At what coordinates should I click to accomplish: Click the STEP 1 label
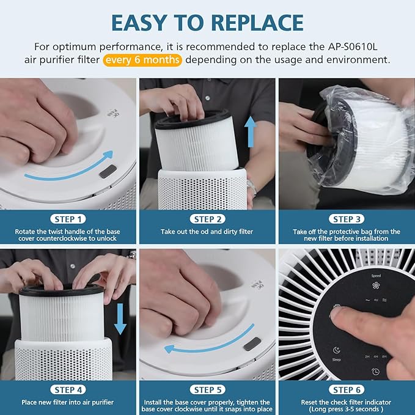coord(68,219)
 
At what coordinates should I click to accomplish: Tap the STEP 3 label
coord(346,219)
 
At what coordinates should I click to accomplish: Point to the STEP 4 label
coord(68,389)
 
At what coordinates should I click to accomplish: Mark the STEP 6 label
coord(346,389)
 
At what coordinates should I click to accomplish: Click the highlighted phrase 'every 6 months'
coord(143,60)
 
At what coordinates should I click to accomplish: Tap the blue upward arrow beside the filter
coord(250,132)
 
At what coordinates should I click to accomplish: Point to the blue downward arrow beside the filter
coord(120,319)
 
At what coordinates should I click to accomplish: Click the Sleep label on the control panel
coord(337,359)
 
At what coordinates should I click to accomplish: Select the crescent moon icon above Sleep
coord(337,350)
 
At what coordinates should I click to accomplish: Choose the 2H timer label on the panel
coord(367,356)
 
